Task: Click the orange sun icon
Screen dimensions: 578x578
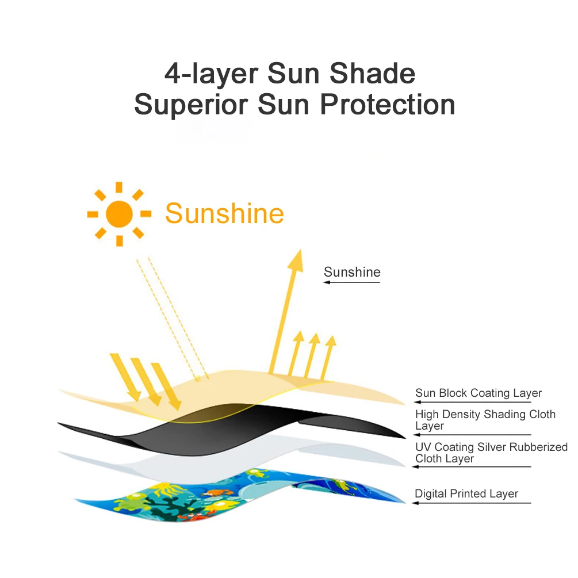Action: (119, 214)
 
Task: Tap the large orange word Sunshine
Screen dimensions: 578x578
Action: (224, 213)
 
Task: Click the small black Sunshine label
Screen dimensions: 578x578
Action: (352, 272)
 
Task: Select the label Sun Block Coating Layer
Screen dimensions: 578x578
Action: (479, 393)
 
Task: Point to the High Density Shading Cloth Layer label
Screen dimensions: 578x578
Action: (485, 419)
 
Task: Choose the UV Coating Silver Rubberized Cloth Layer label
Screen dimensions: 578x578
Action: (491, 452)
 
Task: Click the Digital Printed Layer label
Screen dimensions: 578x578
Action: (466, 493)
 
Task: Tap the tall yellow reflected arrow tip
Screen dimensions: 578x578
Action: (300, 250)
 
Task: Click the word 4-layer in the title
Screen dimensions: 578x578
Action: (211, 74)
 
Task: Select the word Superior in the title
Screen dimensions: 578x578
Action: (191, 105)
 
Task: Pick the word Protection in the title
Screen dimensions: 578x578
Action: (388, 105)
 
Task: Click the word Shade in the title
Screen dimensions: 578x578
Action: (372, 74)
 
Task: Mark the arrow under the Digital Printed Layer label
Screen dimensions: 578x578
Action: (472, 503)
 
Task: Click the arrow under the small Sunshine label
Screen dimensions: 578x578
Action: (351, 282)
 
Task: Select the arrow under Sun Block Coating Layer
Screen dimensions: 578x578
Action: (472, 402)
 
